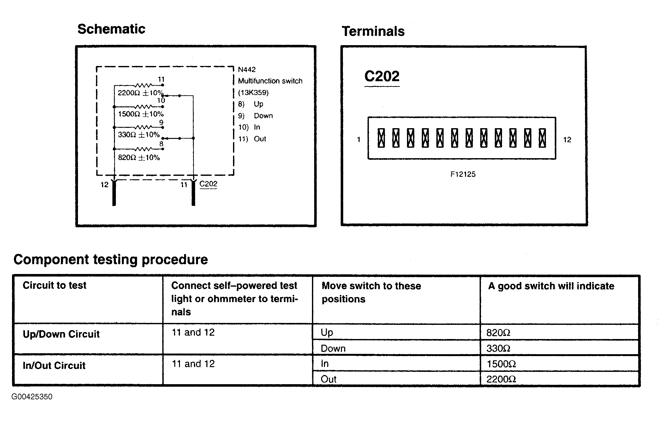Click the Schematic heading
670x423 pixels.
click(x=111, y=29)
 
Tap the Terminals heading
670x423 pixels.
click(x=373, y=31)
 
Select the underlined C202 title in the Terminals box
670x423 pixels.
click(x=382, y=76)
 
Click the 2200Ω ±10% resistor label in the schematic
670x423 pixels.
click(x=140, y=93)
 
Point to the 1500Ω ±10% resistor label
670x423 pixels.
click(x=141, y=114)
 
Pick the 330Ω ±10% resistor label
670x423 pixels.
click(x=139, y=135)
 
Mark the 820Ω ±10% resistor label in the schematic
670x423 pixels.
click(x=139, y=158)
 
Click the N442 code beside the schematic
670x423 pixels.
click(x=247, y=69)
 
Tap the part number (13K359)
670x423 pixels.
click(x=253, y=92)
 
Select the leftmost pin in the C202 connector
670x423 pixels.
click(x=381, y=138)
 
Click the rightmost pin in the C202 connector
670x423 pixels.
click(x=542, y=138)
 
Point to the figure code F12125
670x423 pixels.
click(x=463, y=174)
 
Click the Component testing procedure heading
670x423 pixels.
click(x=111, y=259)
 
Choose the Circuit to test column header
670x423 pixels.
click(x=54, y=285)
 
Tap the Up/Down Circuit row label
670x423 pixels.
click(x=61, y=334)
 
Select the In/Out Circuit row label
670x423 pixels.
click(x=54, y=366)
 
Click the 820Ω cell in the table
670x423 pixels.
click(x=498, y=333)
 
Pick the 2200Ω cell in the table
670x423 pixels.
click(x=501, y=379)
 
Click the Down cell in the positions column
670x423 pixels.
click(x=333, y=349)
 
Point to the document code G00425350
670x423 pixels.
click(x=32, y=397)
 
